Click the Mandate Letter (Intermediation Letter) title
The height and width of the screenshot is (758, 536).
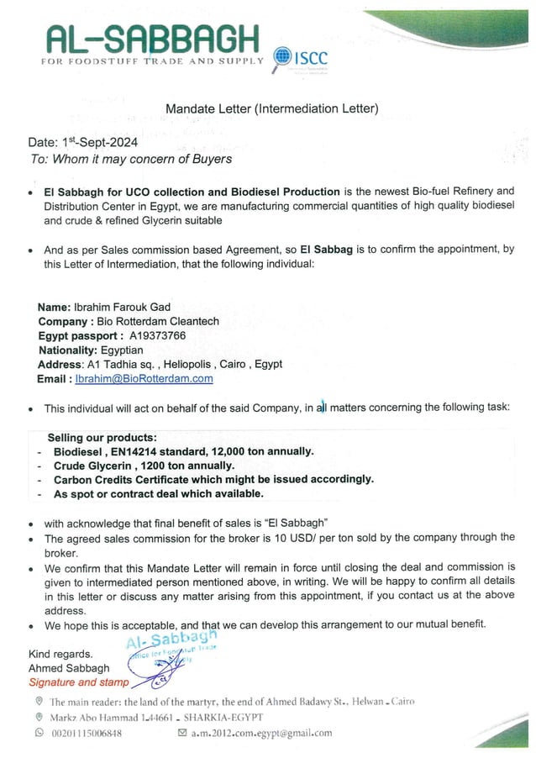pyautogui.click(x=271, y=108)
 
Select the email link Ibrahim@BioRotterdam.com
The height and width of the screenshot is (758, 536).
pyautogui.click(x=144, y=378)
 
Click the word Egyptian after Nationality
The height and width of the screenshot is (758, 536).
pyautogui.click(x=121, y=350)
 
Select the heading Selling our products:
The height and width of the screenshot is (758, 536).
pyautogui.click(x=102, y=438)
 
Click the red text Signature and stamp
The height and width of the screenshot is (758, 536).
pyautogui.click(x=79, y=682)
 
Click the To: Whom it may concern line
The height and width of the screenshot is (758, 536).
pyautogui.click(x=131, y=158)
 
